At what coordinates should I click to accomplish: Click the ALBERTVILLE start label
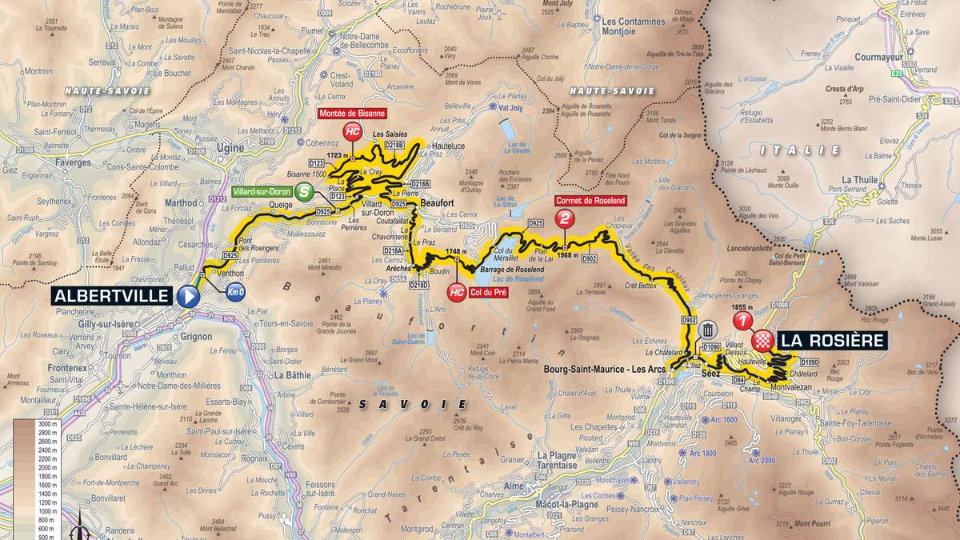[112, 296]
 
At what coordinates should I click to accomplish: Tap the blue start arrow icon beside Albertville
[189, 296]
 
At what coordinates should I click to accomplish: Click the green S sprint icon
[303, 192]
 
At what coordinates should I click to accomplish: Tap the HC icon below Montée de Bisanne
[351, 132]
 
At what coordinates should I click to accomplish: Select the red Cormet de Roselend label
[592, 200]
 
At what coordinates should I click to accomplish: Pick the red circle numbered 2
[566, 218]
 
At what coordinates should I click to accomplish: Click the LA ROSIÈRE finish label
[833, 340]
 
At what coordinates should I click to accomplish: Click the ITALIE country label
[811, 150]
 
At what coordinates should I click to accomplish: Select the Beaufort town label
[438, 204]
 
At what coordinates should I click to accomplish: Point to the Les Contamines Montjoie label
[631, 49]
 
